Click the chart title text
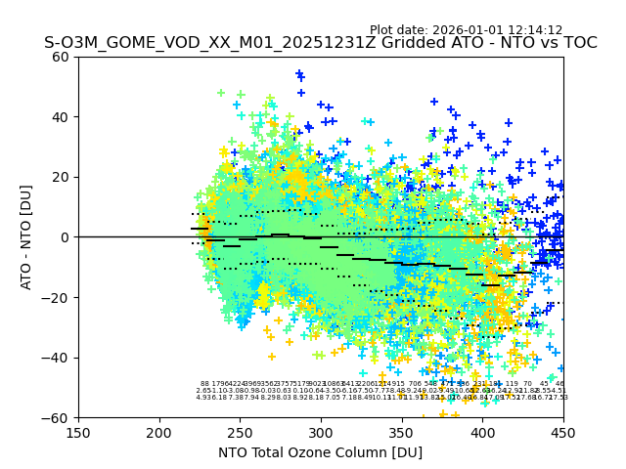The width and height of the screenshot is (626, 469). pos(320,43)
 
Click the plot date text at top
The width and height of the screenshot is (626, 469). pos(466,30)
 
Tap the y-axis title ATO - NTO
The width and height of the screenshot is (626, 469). pos(26,237)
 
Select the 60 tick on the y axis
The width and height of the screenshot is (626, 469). pos(61,57)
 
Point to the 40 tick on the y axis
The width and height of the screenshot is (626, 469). pos(61,117)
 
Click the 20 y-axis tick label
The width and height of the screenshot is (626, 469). pos(61,177)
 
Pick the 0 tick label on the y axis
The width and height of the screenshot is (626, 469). pos(65,237)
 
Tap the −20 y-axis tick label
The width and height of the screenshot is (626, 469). pos(57,297)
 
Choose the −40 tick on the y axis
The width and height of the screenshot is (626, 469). pos(57,358)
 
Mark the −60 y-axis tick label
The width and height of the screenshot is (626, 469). pos(57,417)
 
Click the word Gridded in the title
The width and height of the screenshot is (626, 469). pos(378,43)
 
